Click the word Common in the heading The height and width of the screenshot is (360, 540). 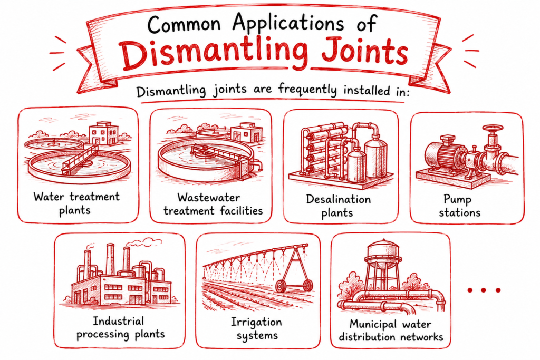(184, 24)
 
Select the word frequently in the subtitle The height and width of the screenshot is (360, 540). (307, 90)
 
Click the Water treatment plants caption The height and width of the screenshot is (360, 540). (76, 203)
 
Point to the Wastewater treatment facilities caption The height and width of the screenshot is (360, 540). (213, 204)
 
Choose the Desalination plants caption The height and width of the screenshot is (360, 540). (338, 206)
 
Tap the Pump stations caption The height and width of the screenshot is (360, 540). (459, 206)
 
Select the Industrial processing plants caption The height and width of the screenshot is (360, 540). (121, 328)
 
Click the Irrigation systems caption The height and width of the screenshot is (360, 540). (257, 329)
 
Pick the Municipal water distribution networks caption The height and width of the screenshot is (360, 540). (391, 330)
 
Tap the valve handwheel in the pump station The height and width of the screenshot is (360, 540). (493, 129)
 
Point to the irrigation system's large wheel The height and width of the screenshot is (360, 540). (282, 286)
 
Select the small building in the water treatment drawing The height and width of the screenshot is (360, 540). (104, 133)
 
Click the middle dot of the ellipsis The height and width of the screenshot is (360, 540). (484, 290)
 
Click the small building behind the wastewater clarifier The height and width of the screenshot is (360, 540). (246, 133)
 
